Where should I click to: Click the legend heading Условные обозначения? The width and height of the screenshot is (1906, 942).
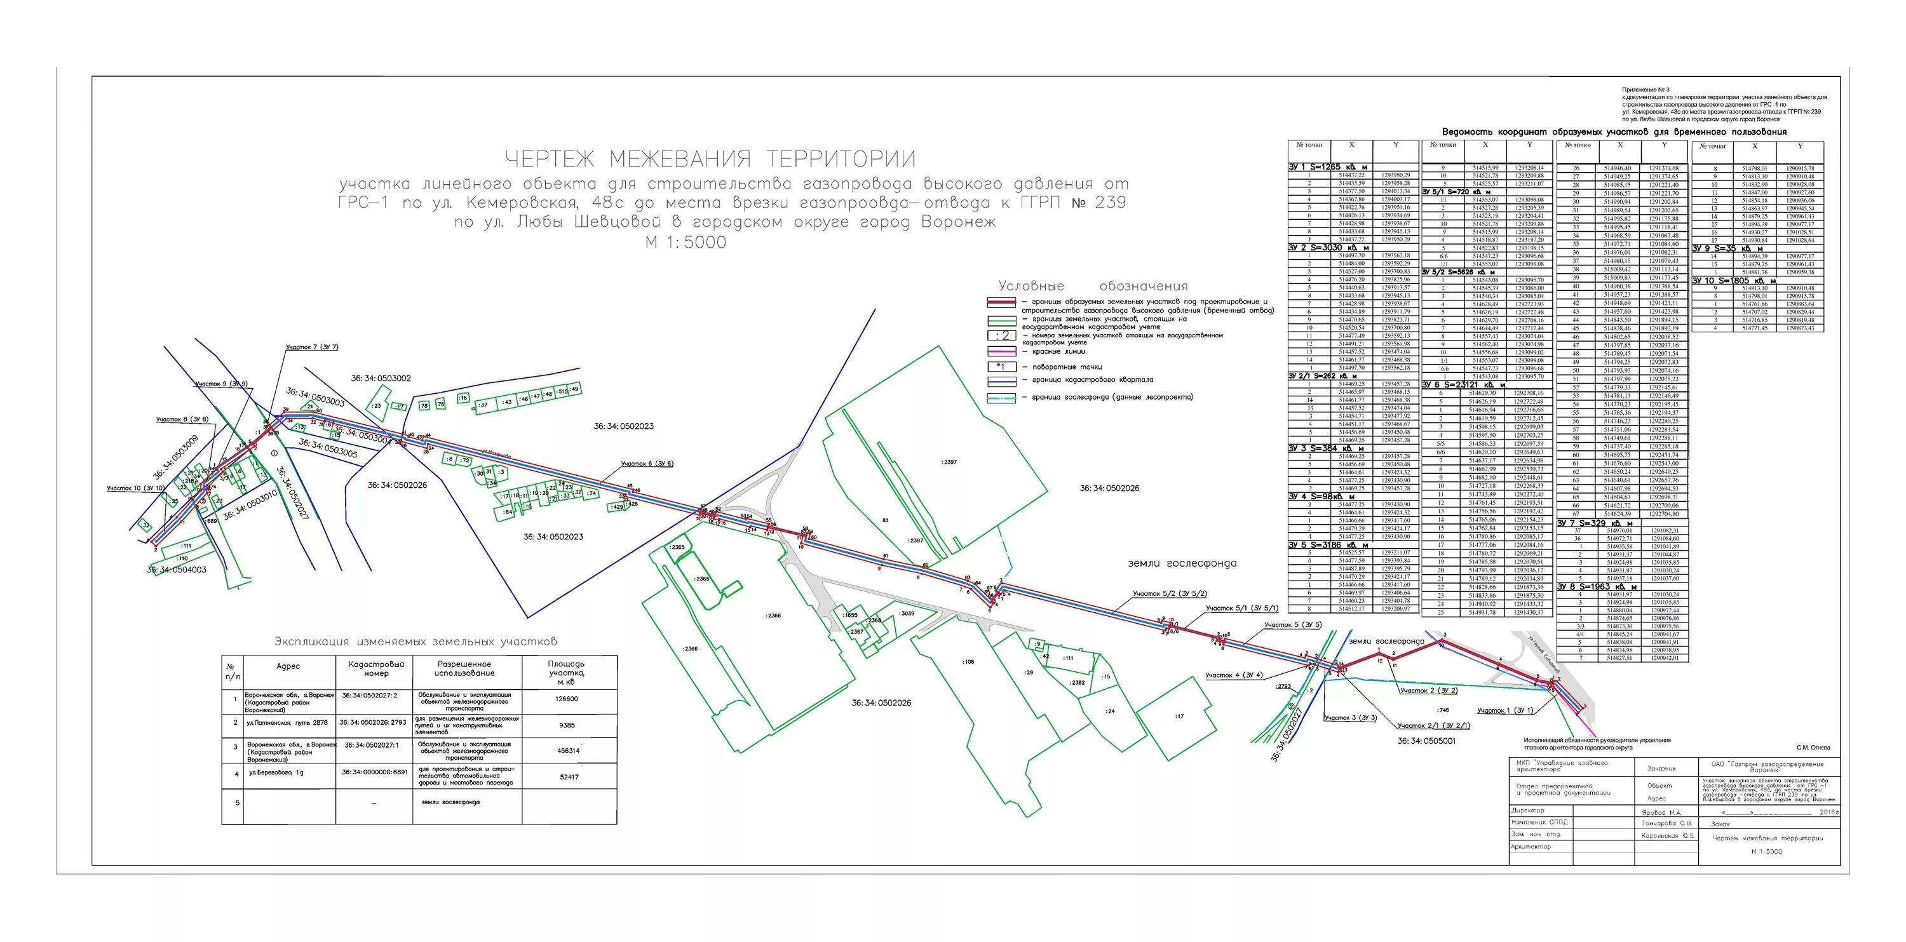pyautogui.click(x=1093, y=286)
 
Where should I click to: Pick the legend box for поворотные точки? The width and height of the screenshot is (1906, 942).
pyautogui.click(x=1001, y=367)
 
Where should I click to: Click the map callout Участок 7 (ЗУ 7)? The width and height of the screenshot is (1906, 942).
pyautogui.click(x=311, y=347)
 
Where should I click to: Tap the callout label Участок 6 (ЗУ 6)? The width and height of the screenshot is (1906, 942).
pyautogui.click(x=647, y=464)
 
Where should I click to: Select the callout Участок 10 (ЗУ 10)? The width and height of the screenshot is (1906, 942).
pyautogui.click(x=135, y=488)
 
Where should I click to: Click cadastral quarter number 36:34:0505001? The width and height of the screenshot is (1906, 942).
pyautogui.click(x=1426, y=741)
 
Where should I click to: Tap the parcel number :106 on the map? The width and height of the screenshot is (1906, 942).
pyautogui.click(x=968, y=663)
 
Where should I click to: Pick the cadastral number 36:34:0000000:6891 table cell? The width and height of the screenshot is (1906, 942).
pyautogui.click(x=374, y=772)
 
